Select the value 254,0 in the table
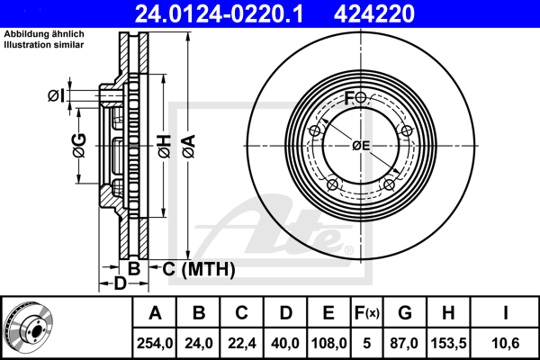click(x=155, y=343)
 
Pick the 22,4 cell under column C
click(x=241, y=343)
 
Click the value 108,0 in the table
click(x=328, y=343)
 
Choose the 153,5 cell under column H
click(x=448, y=343)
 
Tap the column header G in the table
click(x=405, y=314)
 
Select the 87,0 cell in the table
click(x=405, y=343)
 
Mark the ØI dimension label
click(x=56, y=95)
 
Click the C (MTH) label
click(x=197, y=268)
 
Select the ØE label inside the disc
click(x=361, y=145)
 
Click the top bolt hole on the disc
click(x=361, y=97)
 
